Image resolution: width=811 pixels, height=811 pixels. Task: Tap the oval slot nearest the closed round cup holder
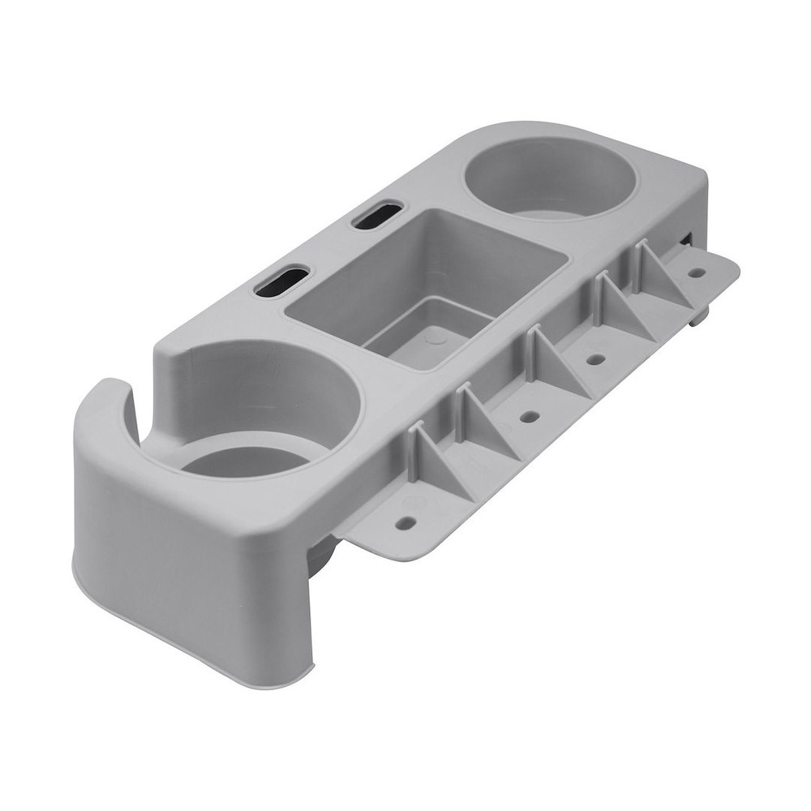[x=378, y=215]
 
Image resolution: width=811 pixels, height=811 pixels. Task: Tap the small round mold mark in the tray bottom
[x=436, y=337]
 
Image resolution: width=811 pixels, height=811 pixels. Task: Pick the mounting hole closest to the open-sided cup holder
[x=405, y=522]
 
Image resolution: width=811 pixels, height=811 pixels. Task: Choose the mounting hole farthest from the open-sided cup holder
[x=696, y=272]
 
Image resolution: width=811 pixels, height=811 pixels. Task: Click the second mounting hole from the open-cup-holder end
[x=530, y=416]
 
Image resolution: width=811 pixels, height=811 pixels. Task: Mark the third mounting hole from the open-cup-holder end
[x=596, y=358]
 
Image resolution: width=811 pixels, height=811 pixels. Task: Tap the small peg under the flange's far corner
[x=697, y=317]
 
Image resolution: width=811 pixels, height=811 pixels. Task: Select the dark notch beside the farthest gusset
[x=687, y=239]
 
